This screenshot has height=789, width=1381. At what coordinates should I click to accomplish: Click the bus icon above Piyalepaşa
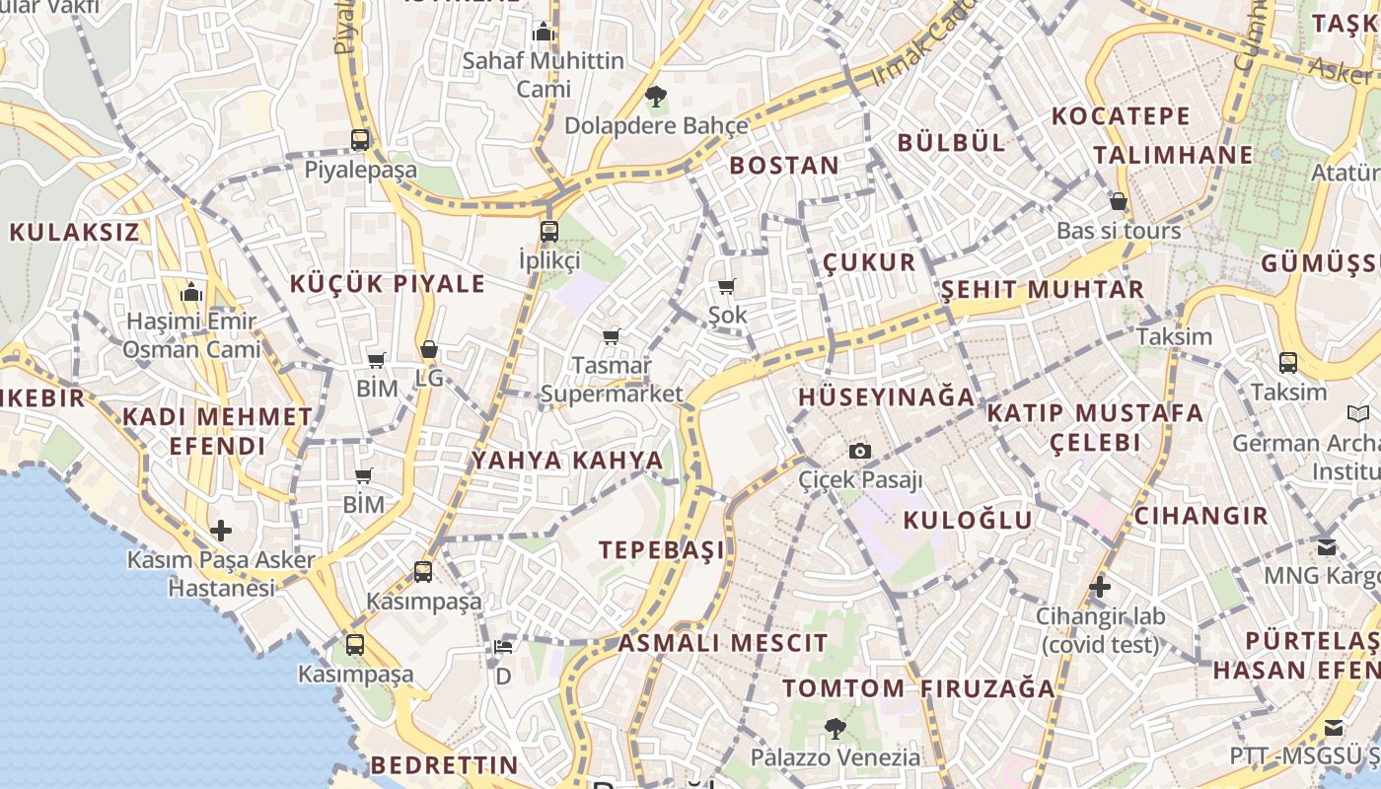click(x=360, y=140)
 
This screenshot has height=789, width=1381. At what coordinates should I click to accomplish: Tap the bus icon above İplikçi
click(x=549, y=232)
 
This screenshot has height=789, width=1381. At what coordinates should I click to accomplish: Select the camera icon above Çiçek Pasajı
click(x=860, y=451)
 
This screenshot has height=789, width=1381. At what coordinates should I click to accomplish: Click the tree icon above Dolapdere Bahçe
click(x=655, y=96)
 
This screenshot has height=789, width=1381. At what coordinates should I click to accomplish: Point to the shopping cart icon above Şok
click(x=727, y=287)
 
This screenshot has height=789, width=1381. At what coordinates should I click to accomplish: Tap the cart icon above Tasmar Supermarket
click(x=612, y=336)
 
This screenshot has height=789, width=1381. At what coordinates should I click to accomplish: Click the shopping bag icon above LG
click(x=429, y=349)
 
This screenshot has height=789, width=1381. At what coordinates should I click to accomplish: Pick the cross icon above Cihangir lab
click(x=1100, y=588)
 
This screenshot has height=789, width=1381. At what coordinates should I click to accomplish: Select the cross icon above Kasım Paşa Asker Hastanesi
click(x=221, y=531)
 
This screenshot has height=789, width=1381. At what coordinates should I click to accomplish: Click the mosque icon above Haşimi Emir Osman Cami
click(x=191, y=292)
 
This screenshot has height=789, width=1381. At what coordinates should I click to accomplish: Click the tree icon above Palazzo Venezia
click(x=835, y=729)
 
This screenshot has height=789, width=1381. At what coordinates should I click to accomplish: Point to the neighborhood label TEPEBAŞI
click(x=662, y=550)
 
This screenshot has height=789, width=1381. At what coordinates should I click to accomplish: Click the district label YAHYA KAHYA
click(x=567, y=461)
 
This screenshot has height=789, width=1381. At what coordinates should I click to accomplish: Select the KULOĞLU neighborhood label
click(x=968, y=520)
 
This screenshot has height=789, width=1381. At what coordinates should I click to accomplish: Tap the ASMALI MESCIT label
click(x=723, y=644)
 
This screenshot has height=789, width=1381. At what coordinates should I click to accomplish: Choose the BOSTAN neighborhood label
click(x=784, y=166)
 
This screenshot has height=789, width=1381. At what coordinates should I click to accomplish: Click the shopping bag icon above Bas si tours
click(x=1118, y=201)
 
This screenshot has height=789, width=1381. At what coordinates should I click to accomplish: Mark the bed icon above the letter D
click(x=503, y=647)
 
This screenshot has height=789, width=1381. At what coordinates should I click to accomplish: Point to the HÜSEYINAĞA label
click(x=886, y=397)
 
